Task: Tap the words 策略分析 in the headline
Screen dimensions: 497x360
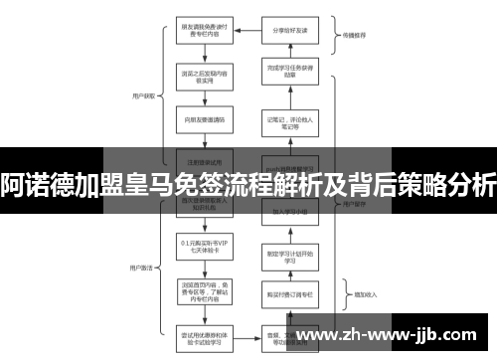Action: [430, 184]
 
